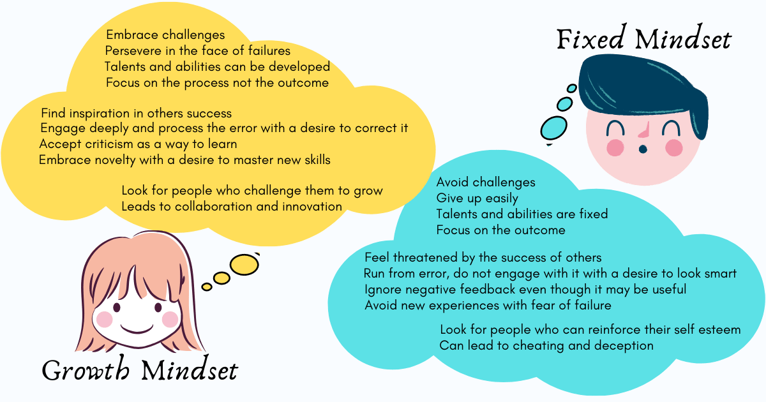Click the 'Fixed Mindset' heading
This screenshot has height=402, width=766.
(644, 40)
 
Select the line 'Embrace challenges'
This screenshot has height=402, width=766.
(165, 35)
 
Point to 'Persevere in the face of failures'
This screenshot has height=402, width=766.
(198, 50)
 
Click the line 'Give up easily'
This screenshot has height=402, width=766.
(477, 198)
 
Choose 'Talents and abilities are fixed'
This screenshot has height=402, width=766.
(522, 214)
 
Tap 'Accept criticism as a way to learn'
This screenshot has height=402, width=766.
(138, 144)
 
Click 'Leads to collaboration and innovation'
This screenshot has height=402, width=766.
(232, 207)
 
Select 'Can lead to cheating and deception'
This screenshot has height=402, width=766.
(546, 346)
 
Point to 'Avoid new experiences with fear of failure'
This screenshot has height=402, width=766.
(488, 305)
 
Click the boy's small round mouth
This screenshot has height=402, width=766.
(643, 149)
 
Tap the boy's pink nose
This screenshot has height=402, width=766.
(645, 130)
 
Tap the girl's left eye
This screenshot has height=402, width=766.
(117, 307)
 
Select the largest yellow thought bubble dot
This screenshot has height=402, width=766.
(244, 265)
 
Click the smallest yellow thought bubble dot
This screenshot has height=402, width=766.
(207, 287)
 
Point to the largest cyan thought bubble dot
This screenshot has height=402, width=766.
(553, 128)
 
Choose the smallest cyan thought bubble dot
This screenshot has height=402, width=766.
(572, 89)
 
